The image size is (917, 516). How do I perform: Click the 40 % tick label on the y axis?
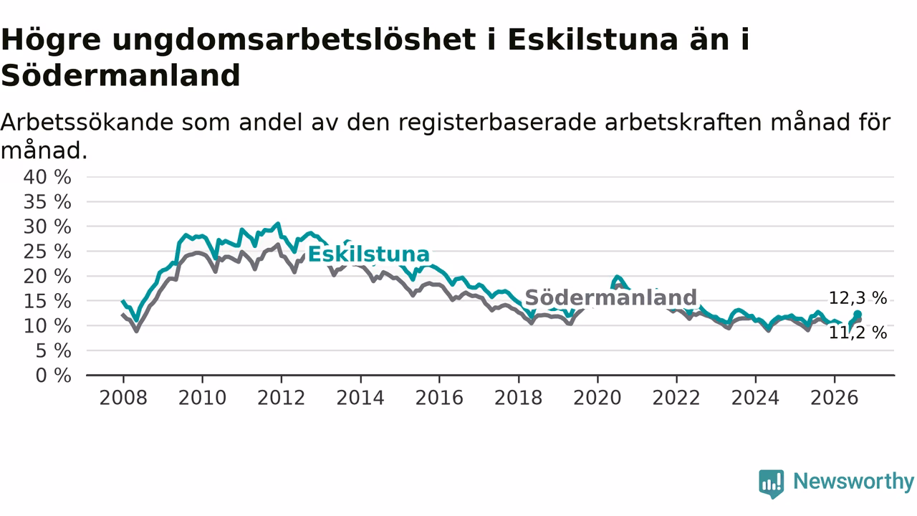coord(47,177)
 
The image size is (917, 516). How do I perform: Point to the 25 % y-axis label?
coord(47,252)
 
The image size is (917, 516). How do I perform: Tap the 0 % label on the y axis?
coord(53,376)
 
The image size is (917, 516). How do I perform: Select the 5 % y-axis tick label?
coord(53,351)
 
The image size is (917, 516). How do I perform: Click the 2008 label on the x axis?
coord(123,398)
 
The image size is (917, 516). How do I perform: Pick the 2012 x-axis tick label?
coord(282,398)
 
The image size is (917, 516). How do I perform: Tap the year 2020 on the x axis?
coord(597,398)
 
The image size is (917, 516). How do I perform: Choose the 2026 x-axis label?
coord(835,398)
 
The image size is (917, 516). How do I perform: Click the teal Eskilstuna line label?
coord(368,254)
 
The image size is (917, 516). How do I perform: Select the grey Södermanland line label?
coord(610,297)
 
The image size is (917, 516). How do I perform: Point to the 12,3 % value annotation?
coord(858,298)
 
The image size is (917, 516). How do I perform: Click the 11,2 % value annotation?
coord(858,333)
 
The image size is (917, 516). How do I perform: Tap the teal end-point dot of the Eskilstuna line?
coord(858,315)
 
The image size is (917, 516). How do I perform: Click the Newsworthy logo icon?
coord(772,484)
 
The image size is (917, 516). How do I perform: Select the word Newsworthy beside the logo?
coord(853,481)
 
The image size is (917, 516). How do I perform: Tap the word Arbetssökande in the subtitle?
coord(87,122)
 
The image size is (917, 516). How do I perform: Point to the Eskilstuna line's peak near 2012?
coord(279,224)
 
